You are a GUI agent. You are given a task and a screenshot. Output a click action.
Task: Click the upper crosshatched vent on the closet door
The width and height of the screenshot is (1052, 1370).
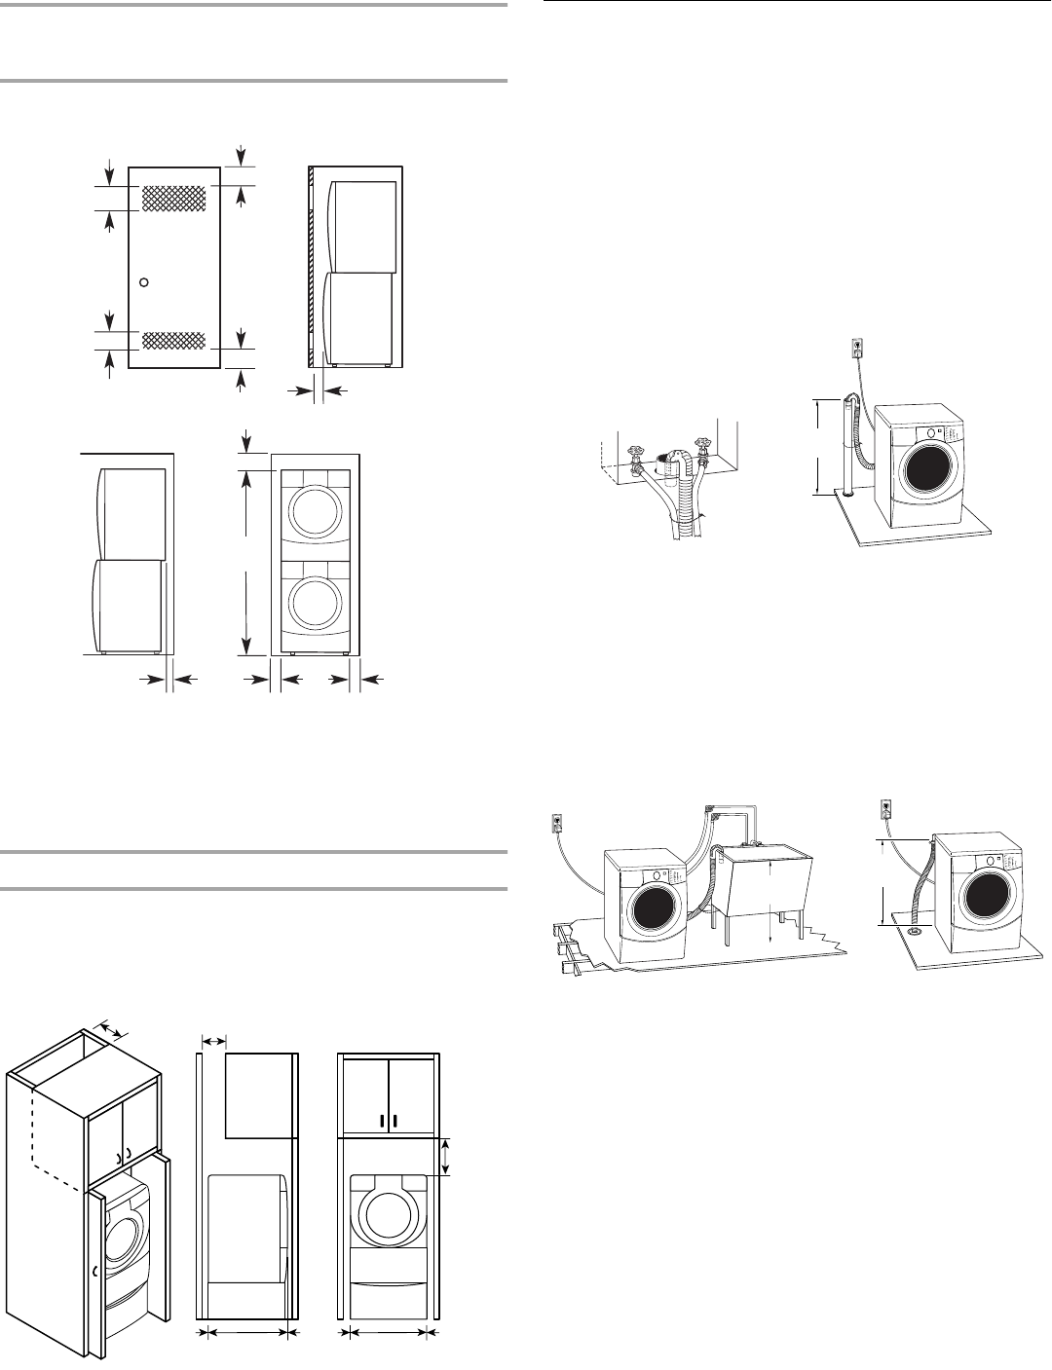pyautogui.click(x=175, y=199)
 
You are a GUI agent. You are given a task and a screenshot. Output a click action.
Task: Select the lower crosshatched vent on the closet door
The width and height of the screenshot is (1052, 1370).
pyautogui.click(x=174, y=340)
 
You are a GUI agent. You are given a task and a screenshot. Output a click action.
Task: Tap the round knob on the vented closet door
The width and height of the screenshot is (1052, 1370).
pyautogui.click(x=144, y=282)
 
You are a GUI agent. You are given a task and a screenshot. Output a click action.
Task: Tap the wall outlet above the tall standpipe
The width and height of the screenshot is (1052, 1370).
pyautogui.click(x=856, y=347)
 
